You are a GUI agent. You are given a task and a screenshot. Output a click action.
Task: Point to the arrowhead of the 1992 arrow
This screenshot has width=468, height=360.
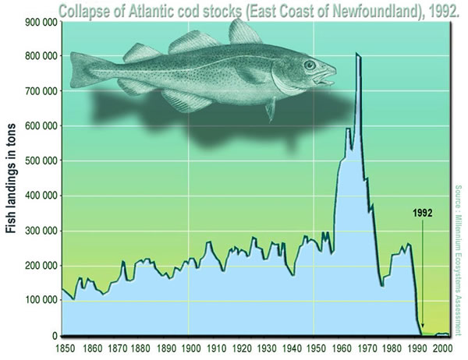[x=422, y=328]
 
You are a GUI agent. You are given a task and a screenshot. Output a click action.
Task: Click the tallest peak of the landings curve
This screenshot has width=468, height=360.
[x=357, y=54]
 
